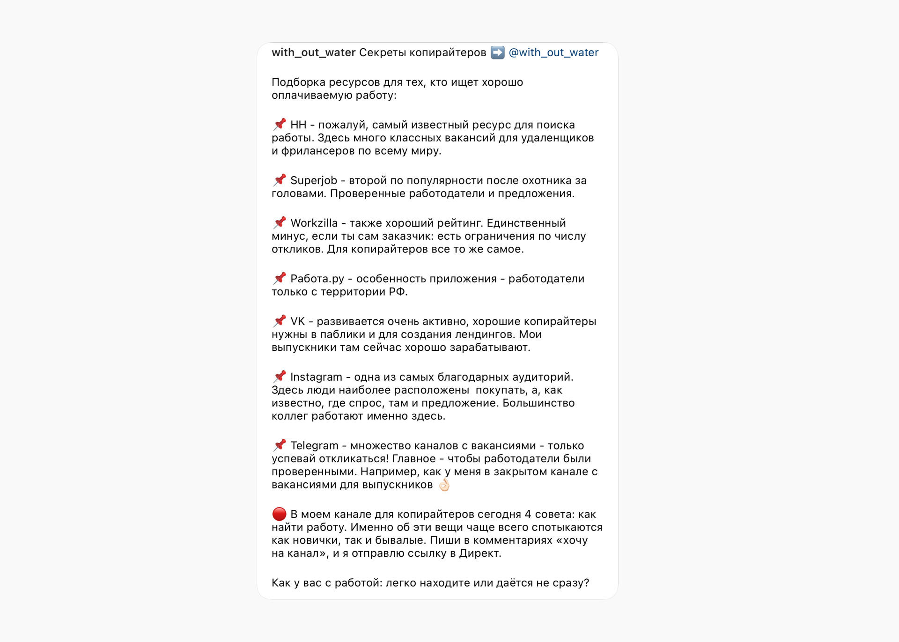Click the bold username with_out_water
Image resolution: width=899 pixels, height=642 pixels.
tap(313, 52)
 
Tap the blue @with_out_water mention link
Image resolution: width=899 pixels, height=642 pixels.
tap(553, 52)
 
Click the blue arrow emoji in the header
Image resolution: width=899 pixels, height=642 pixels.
tap(497, 52)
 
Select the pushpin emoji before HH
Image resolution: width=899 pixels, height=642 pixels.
tap(280, 125)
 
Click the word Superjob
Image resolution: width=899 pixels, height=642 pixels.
tap(313, 181)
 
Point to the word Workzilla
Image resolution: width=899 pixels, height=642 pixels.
tap(314, 223)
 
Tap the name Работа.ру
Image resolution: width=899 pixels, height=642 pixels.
tap(317, 279)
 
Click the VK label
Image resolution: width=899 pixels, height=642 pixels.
tap(297, 322)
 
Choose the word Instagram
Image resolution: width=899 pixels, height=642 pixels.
tap(316, 377)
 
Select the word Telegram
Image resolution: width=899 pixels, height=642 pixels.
tap(314, 446)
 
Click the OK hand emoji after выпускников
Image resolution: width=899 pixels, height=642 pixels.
tap(444, 485)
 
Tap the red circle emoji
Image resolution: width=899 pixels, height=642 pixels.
tap(279, 514)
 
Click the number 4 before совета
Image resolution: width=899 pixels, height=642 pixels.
tap(528, 515)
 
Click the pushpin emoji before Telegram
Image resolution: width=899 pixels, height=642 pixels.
tap(280, 445)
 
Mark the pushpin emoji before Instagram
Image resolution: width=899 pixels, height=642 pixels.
tap(280, 377)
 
